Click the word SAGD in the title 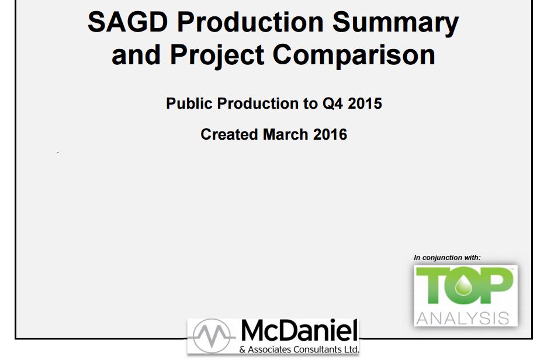(x=127, y=22)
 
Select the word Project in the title (x=217, y=56)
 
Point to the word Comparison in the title (x=354, y=56)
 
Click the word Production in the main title (x=250, y=22)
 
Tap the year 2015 (x=365, y=103)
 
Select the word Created (x=229, y=134)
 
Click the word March (x=286, y=134)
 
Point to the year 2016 (x=330, y=134)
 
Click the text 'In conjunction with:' (x=447, y=258)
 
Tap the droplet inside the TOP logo (x=463, y=285)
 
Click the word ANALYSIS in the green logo (x=463, y=319)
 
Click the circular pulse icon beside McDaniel (x=212, y=336)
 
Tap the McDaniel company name (x=299, y=330)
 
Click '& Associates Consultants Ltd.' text (x=299, y=349)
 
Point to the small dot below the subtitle (x=58, y=153)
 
